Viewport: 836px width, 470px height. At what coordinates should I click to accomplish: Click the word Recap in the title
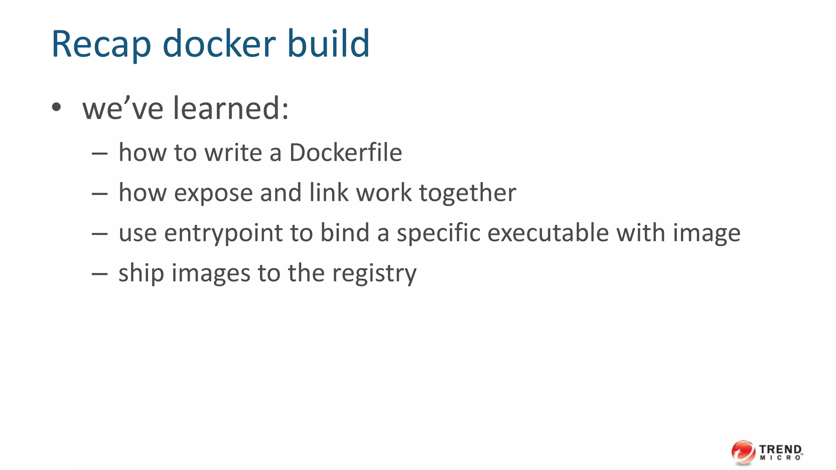point(101,44)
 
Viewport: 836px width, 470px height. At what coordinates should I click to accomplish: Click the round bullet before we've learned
point(56,108)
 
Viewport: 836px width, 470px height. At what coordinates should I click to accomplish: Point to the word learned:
point(231,109)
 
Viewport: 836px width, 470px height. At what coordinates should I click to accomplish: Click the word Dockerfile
point(345,153)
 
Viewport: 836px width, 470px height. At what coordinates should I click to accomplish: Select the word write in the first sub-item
point(233,153)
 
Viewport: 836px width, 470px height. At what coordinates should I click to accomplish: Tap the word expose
point(213,193)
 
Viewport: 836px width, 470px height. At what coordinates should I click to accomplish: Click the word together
point(467,193)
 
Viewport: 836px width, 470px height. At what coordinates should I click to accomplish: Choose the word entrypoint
point(223,233)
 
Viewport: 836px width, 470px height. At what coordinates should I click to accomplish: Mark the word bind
point(345,233)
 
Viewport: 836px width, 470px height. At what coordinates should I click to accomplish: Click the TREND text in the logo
point(780,449)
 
